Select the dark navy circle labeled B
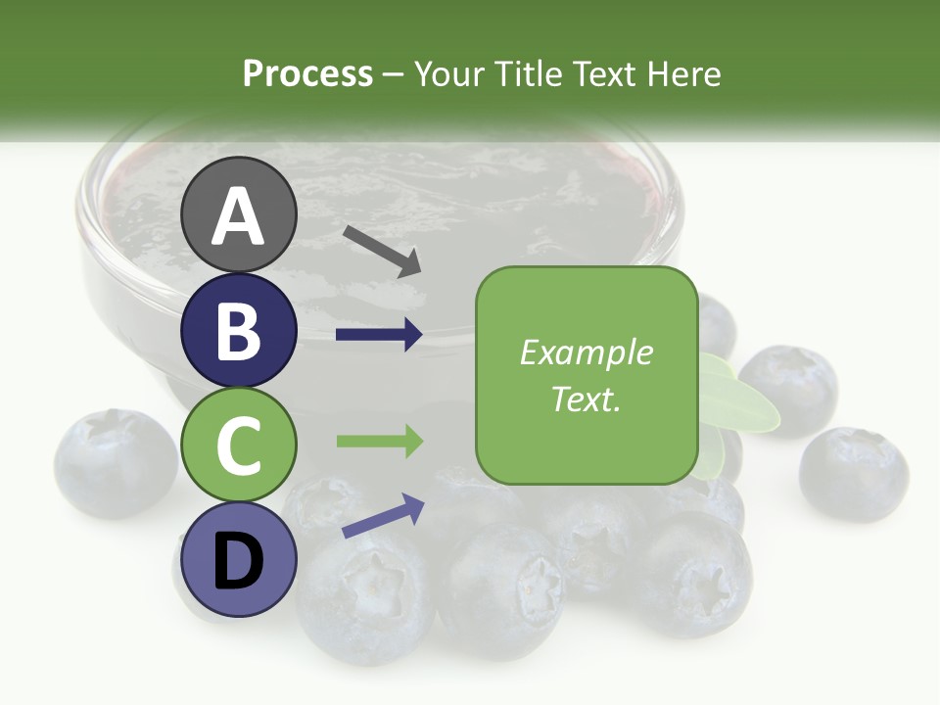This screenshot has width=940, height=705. [239, 330]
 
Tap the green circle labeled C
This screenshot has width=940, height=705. [239, 446]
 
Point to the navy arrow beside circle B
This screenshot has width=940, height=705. [379, 335]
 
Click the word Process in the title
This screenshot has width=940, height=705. [307, 73]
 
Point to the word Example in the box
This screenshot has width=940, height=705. [586, 352]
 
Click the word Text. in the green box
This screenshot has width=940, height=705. [586, 399]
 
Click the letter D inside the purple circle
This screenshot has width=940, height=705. [239, 563]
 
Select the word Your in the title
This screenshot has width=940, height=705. [449, 73]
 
